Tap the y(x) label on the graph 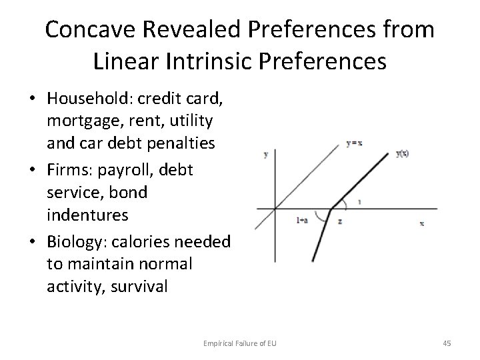click(403, 154)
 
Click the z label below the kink click(340, 220)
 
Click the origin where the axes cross click(274, 207)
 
